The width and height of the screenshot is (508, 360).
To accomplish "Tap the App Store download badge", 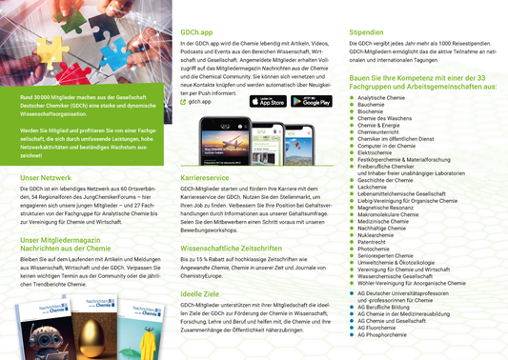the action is coord(268,101).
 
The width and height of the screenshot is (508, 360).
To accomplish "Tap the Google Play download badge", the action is coord(311,101).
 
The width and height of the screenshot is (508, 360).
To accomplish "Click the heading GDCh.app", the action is coord(197,33).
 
